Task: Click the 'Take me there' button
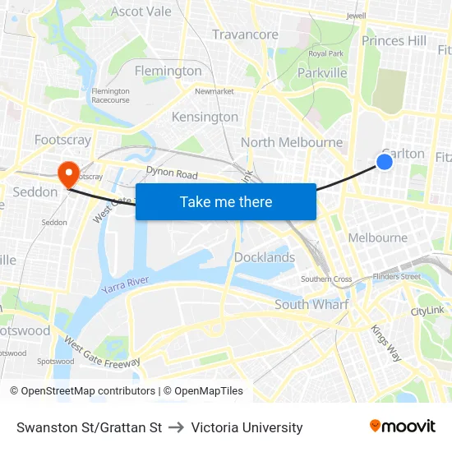[x=225, y=201]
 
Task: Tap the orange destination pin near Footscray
[x=67, y=173]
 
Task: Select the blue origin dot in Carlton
[x=384, y=162]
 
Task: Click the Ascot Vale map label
[x=141, y=12]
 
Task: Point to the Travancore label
[x=245, y=35]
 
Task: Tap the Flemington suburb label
[x=168, y=71]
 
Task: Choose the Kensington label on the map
[x=205, y=117]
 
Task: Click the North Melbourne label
[x=292, y=142]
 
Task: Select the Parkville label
[x=322, y=73]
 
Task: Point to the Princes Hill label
[x=394, y=40]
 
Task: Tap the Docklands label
[x=265, y=257]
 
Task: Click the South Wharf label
[x=311, y=305]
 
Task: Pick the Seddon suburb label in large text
[x=36, y=192]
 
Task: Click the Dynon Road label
[x=172, y=174]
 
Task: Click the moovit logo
[x=402, y=426]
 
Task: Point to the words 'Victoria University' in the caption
[x=247, y=427]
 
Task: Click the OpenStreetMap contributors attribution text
[x=88, y=391]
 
